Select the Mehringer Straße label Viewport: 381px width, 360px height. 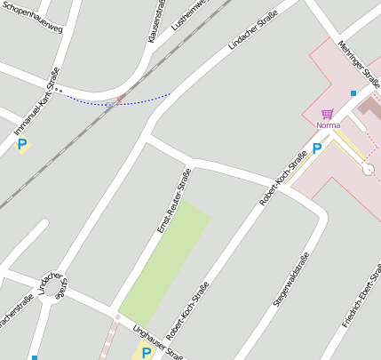click(358, 62)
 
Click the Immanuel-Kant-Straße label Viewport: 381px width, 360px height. click(36, 101)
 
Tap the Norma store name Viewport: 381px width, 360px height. click(328, 125)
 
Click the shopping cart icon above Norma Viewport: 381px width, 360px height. click(328, 114)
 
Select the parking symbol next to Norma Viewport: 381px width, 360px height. click(317, 148)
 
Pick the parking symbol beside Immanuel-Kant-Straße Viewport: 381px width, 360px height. click(21, 144)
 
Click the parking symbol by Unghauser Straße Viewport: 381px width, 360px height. click(146, 353)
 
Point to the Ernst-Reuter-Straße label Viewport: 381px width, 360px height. click(174, 201)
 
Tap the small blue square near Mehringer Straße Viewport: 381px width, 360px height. click(353, 93)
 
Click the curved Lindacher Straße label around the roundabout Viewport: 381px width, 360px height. click(53, 284)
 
